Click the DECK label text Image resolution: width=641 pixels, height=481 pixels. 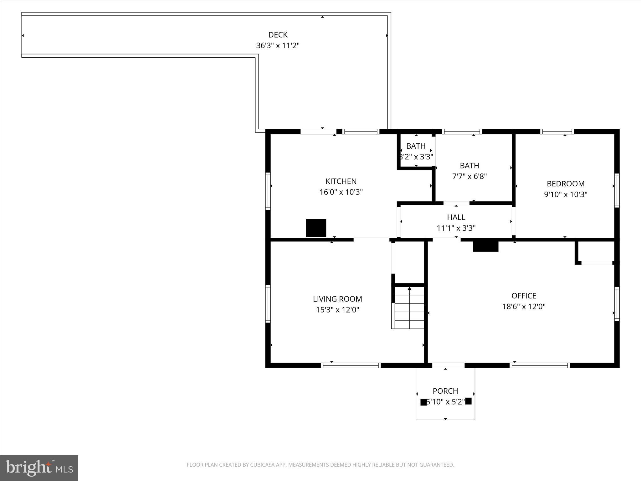278,35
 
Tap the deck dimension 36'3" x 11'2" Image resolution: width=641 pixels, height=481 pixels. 278,46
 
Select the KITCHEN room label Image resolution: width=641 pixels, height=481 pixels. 341,181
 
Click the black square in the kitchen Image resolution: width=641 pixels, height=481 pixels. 316,228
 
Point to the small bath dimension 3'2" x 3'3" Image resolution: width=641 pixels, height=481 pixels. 416,157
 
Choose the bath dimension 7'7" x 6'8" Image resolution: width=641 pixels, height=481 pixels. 469,176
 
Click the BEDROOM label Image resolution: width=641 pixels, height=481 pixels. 566,184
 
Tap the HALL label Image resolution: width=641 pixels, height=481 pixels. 456,217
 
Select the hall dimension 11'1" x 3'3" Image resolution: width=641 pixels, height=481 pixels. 456,228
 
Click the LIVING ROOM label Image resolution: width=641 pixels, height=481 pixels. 337,299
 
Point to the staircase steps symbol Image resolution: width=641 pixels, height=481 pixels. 409,308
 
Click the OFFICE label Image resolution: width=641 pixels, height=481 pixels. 524,296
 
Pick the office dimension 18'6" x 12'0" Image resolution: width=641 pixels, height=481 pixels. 524,307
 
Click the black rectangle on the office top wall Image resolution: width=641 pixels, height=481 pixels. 485,246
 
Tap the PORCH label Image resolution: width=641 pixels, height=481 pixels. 445,391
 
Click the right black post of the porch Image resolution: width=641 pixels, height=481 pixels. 468,401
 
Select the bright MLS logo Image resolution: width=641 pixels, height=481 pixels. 39,468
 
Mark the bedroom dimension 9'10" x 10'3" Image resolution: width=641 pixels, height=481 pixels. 566,194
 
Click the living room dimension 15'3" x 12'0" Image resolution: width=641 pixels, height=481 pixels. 337,310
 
